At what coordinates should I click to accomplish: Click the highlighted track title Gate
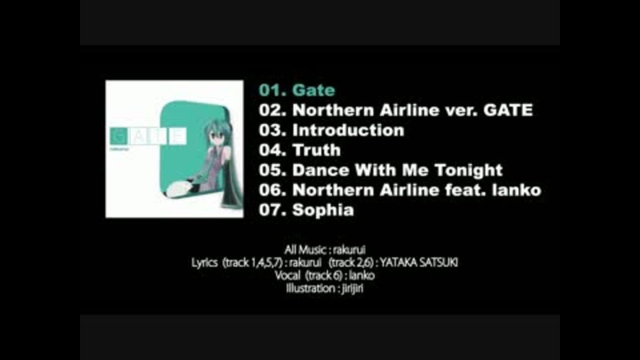313,90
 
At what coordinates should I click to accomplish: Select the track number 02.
272,110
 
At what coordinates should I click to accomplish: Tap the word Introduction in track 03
348,130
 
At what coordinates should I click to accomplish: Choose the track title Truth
316,150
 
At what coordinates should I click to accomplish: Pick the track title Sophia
323,211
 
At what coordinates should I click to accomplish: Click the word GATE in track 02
508,110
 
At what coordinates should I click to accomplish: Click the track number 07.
272,210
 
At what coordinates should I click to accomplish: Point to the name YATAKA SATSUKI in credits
419,263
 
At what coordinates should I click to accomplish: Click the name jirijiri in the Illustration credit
352,289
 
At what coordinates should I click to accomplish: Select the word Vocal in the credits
287,275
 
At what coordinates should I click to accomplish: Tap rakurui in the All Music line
349,249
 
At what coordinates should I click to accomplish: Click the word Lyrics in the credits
204,263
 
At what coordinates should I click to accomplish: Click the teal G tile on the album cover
119,136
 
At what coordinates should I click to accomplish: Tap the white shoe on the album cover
179,189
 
